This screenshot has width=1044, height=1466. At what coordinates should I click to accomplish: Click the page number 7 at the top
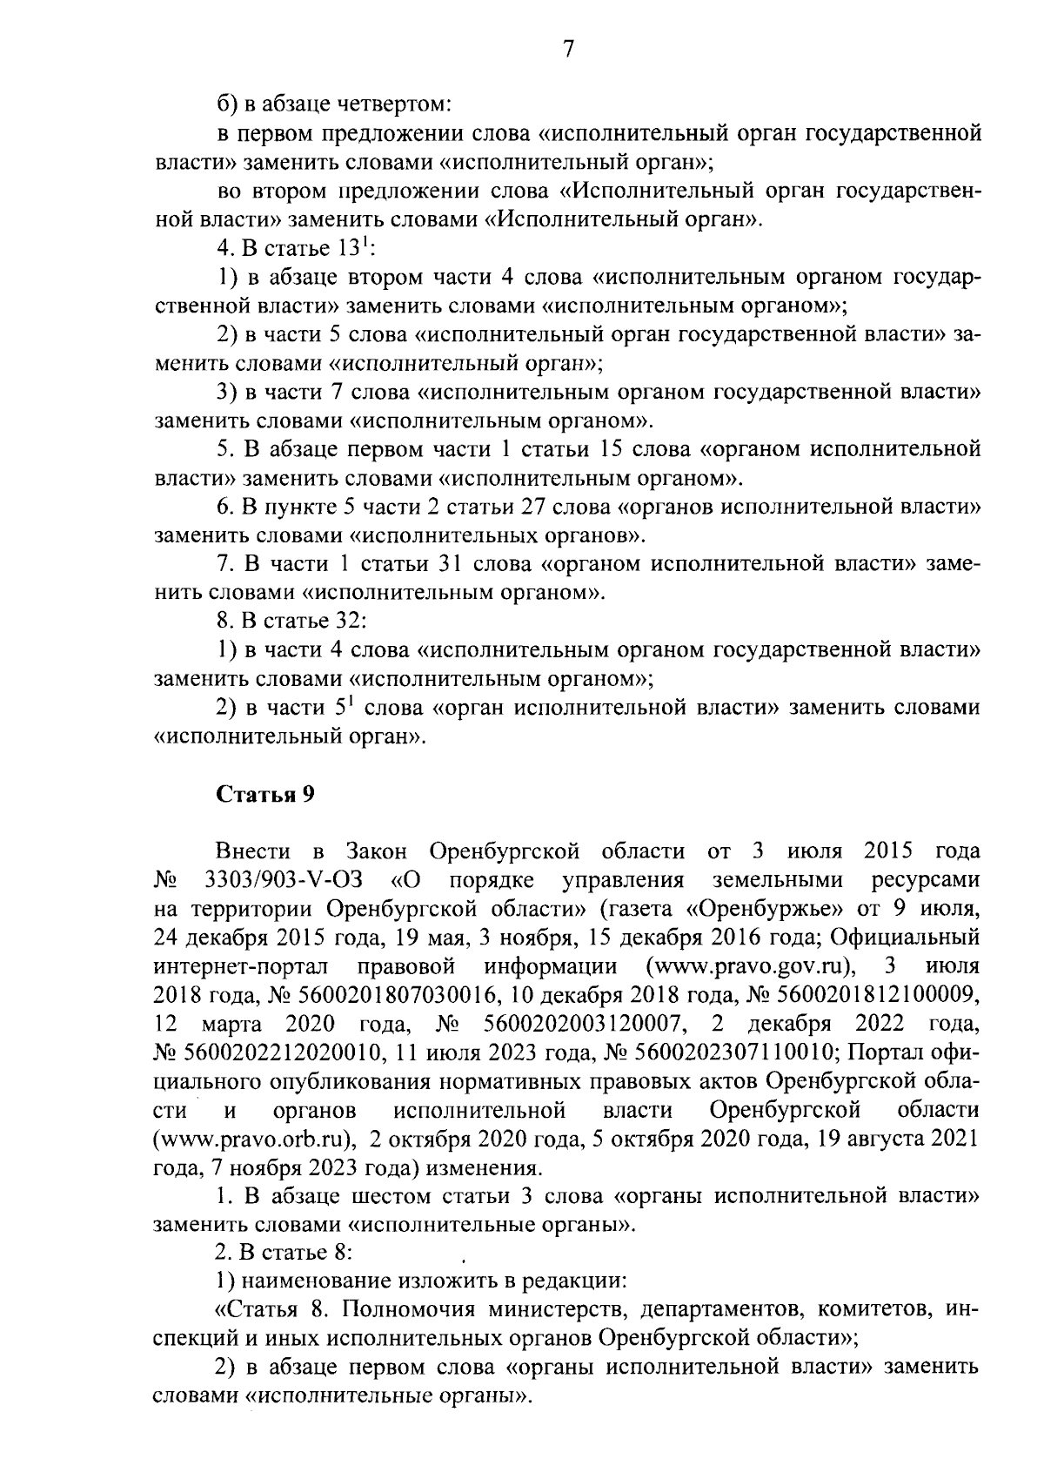coord(566,50)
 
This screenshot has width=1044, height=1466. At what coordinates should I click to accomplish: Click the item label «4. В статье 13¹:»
coord(296,249)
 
